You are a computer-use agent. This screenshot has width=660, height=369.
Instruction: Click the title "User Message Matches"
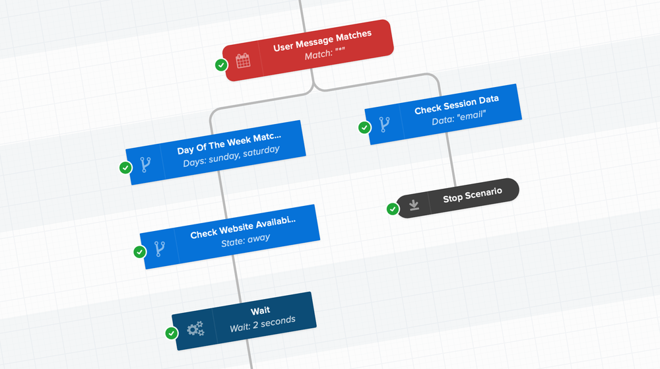click(x=322, y=41)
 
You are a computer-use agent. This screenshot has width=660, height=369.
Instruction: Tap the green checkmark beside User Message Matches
click(x=222, y=65)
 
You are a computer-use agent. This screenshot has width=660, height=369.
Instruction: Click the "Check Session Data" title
click(x=456, y=105)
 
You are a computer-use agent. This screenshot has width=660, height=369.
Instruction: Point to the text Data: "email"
click(x=458, y=117)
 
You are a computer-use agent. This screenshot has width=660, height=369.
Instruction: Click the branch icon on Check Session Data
click(x=384, y=124)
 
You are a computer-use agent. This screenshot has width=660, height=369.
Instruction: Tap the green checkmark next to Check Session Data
click(x=364, y=127)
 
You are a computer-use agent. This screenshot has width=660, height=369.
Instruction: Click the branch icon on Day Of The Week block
click(x=145, y=164)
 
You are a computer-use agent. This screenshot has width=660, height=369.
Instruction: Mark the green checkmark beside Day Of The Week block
click(x=125, y=168)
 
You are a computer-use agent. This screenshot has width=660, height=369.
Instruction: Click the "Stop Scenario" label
click(x=472, y=195)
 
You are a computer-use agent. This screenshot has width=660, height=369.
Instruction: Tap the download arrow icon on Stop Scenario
click(x=414, y=205)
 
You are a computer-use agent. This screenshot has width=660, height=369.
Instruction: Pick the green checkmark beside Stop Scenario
click(x=393, y=209)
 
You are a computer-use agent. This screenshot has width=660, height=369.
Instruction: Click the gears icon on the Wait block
click(x=195, y=328)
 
